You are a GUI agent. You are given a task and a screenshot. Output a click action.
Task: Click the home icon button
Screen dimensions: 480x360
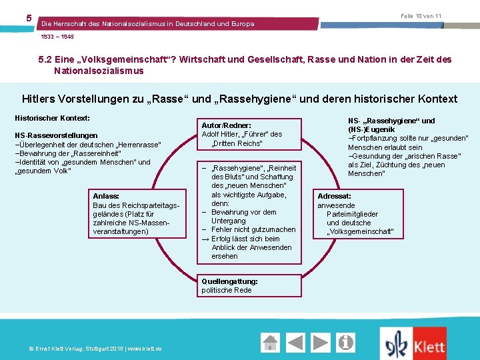(x=271, y=343)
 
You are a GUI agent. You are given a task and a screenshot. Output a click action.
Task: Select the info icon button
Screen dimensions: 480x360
(x=345, y=343)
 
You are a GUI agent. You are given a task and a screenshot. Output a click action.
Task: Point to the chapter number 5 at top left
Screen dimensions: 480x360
(x=29, y=18)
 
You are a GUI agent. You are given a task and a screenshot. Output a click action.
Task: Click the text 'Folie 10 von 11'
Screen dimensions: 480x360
(x=421, y=16)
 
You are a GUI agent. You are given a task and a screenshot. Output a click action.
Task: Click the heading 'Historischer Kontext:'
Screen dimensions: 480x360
(x=52, y=117)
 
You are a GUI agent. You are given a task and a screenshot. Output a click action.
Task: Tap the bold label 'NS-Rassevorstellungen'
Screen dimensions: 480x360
(x=56, y=135)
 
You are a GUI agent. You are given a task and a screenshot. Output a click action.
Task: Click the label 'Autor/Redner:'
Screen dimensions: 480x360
(x=226, y=125)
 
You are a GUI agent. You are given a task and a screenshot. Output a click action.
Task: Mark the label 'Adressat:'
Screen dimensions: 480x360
(x=334, y=197)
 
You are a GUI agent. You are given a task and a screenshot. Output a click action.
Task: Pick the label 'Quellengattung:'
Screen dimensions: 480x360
(x=229, y=281)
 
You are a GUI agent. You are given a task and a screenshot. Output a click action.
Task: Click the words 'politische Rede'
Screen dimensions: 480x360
(x=227, y=290)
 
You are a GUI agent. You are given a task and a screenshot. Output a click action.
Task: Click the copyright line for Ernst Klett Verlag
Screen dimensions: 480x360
(x=90, y=349)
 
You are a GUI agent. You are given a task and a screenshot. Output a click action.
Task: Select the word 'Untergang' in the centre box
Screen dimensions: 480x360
(x=228, y=221)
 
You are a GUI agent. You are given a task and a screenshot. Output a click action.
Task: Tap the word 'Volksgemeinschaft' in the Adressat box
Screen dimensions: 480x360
(x=361, y=232)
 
